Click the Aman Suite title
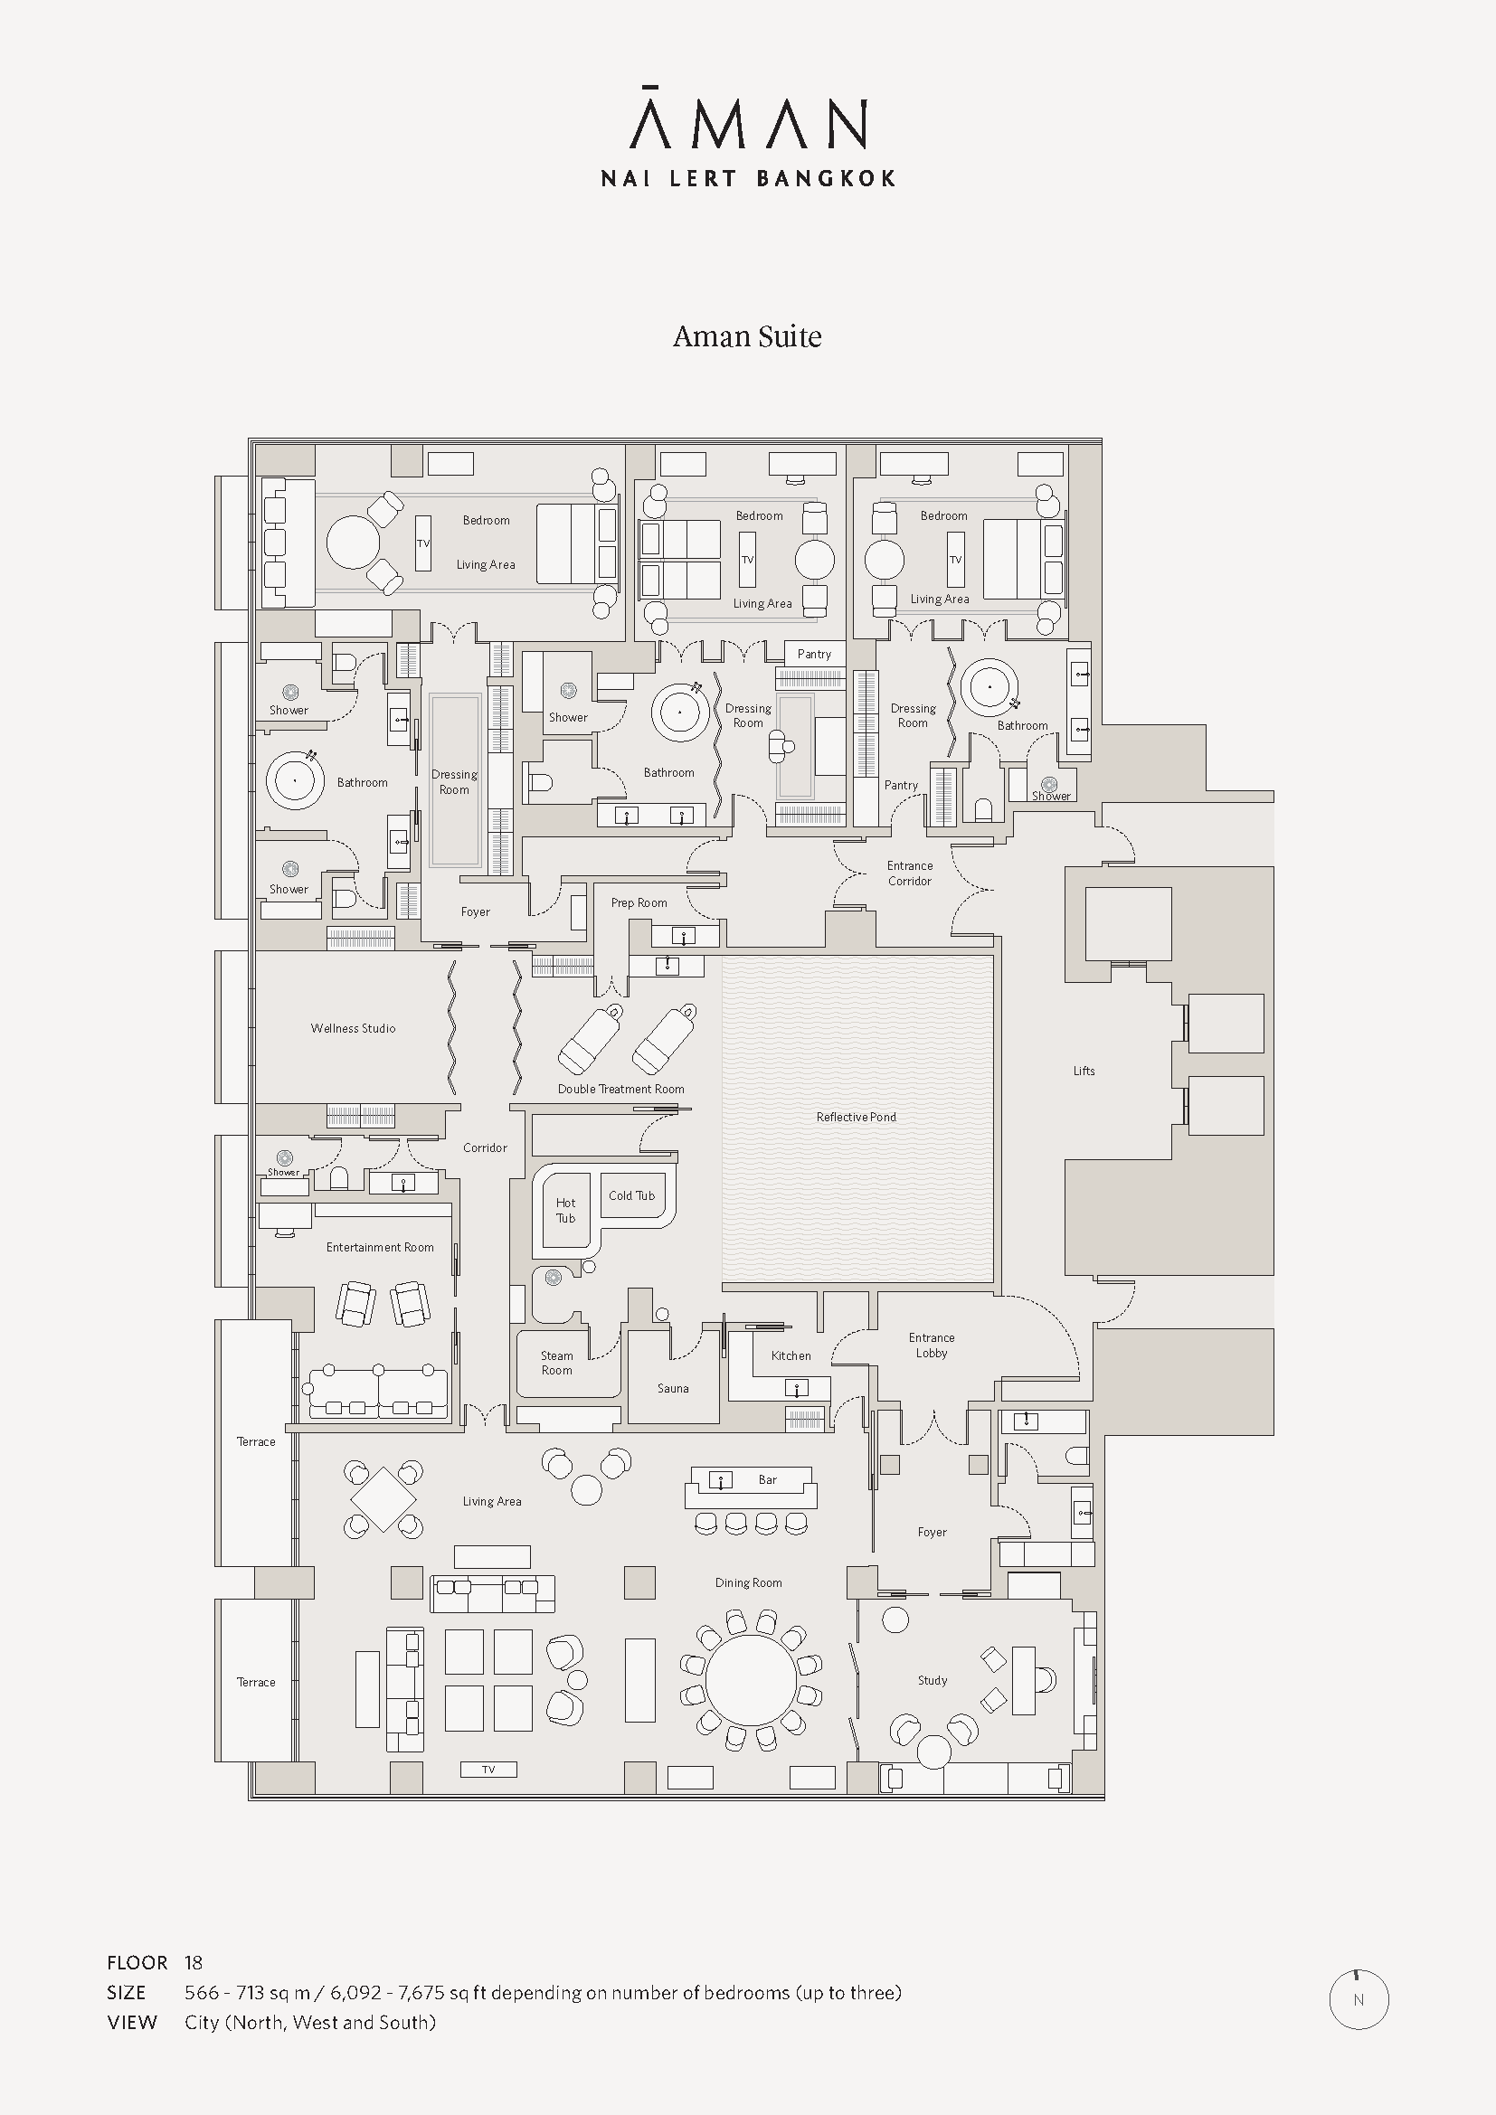click(747, 336)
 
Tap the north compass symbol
click(1359, 2000)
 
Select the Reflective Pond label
click(856, 1118)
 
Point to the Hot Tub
click(565, 1210)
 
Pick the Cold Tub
click(632, 1195)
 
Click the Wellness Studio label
click(353, 1028)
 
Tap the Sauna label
click(674, 1388)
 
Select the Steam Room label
click(556, 1364)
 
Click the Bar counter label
click(767, 1479)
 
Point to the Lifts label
click(1084, 1071)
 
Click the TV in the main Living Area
click(489, 1770)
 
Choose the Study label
click(933, 1680)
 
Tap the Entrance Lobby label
click(932, 1345)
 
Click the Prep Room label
click(639, 902)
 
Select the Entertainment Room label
click(380, 1247)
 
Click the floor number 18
click(194, 1962)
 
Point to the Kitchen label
click(791, 1356)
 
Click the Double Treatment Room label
click(620, 1089)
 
